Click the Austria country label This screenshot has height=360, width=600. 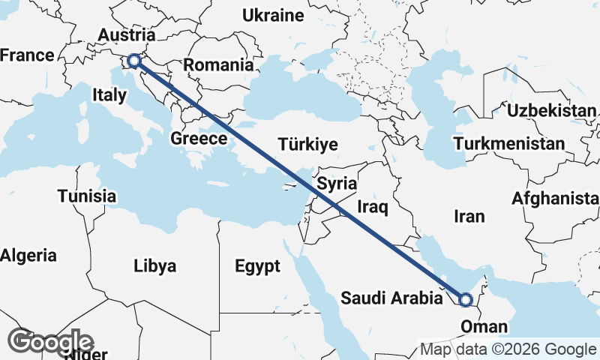[x=127, y=35]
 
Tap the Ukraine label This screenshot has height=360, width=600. [x=273, y=15]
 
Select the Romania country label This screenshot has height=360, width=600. [x=218, y=65]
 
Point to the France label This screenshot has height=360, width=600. [x=28, y=55]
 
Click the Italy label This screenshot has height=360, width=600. [x=109, y=95]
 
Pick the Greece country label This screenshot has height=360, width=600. [x=199, y=139]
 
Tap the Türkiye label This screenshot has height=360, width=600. [x=307, y=145]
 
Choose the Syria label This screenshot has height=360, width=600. [x=337, y=183]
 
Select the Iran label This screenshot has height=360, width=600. [x=469, y=216]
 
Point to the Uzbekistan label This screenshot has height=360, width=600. [x=551, y=111]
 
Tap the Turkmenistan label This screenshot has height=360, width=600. [x=509, y=143]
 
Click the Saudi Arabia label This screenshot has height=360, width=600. [x=391, y=298]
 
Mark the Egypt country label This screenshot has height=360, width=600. [x=257, y=266]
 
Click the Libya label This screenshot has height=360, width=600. [x=155, y=265]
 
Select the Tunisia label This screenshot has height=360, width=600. [x=87, y=196]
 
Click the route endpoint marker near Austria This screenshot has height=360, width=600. [x=134, y=61]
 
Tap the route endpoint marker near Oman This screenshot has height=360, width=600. [x=465, y=300]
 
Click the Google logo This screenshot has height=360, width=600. [x=51, y=341]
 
